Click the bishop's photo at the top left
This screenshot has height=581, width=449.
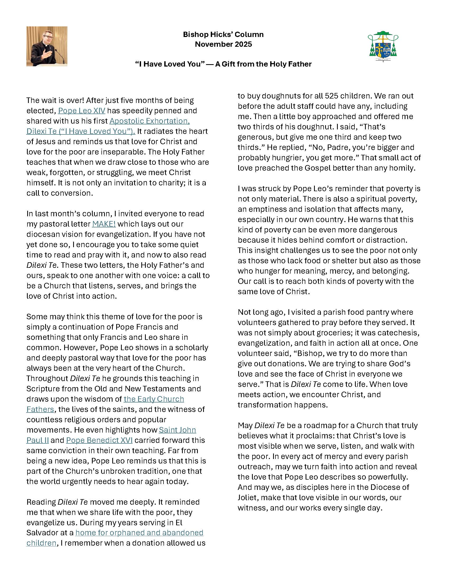pyautogui.click(x=47, y=46)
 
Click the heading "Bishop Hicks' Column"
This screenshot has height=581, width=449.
pyautogui.click(x=223, y=34)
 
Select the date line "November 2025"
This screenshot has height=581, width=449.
pyautogui.click(x=223, y=44)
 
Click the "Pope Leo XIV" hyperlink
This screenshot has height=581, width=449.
pyautogui.click(x=82, y=111)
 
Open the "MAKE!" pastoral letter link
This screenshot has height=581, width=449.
pyautogui.click(x=104, y=224)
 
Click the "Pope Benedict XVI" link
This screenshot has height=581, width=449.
pyautogui.click(x=99, y=440)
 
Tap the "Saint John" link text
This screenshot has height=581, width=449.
pyautogui.click(x=177, y=430)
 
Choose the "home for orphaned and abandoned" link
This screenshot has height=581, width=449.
pyautogui.click(x=139, y=533)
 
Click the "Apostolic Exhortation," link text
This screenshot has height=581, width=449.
pyautogui.click(x=149, y=121)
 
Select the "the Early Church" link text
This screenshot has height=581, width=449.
pyautogui.click(x=154, y=399)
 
